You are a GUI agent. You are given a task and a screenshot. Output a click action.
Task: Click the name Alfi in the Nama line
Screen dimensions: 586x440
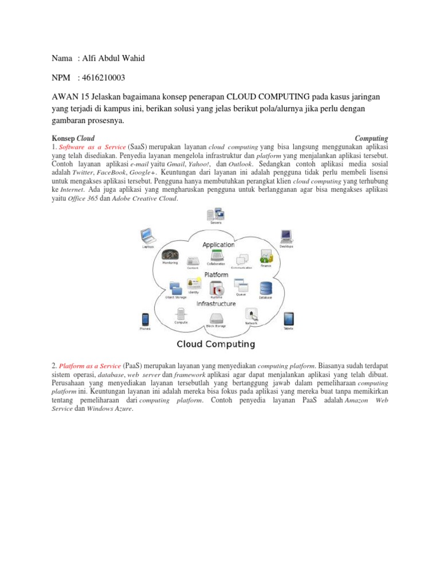click(x=91, y=58)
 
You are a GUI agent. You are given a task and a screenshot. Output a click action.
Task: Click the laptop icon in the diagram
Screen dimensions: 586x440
click(x=148, y=236)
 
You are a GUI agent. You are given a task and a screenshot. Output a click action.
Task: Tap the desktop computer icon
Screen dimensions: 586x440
click(x=286, y=236)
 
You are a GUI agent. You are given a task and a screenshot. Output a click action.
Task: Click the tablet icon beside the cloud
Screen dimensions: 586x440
click(x=288, y=319)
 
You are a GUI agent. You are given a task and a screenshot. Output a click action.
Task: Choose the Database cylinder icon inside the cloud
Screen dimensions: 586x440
click(x=265, y=288)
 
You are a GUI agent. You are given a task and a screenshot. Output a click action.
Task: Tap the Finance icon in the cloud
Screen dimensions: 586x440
click(x=266, y=256)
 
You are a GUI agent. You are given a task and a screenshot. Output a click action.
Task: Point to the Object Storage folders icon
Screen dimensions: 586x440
click(x=175, y=288)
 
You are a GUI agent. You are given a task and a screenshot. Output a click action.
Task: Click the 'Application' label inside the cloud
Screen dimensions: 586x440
click(x=218, y=244)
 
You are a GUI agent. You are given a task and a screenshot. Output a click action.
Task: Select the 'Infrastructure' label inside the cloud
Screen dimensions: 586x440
click(x=216, y=304)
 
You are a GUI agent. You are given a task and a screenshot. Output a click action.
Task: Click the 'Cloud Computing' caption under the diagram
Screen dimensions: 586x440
click(x=215, y=344)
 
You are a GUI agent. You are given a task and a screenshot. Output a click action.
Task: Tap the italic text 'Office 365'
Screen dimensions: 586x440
click(x=83, y=199)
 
